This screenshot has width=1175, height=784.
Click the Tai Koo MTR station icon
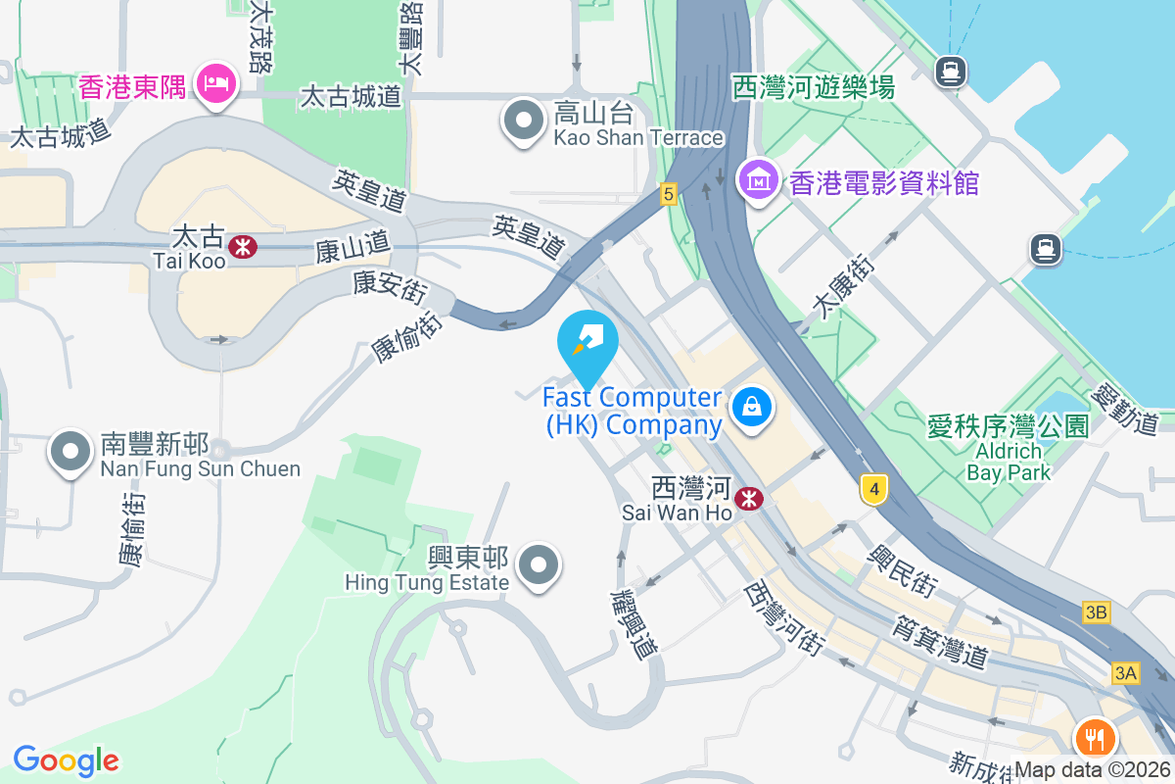click(x=243, y=247)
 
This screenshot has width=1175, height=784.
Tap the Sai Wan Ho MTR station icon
click(x=750, y=499)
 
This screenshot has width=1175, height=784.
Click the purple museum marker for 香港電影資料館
click(x=759, y=179)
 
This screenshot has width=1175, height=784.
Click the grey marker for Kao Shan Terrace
click(x=524, y=121)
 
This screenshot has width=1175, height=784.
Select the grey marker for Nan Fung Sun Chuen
click(x=70, y=452)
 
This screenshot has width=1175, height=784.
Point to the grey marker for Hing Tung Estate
click(x=538, y=565)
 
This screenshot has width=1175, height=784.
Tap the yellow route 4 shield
click(x=874, y=487)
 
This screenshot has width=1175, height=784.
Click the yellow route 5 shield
click(x=669, y=194)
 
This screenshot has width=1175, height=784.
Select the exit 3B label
click(x=1097, y=613)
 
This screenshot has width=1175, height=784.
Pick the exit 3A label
click(x=1126, y=673)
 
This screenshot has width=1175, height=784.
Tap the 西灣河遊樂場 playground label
click(x=814, y=88)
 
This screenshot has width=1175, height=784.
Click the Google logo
click(x=66, y=759)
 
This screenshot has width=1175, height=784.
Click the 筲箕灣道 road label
click(x=940, y=642)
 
